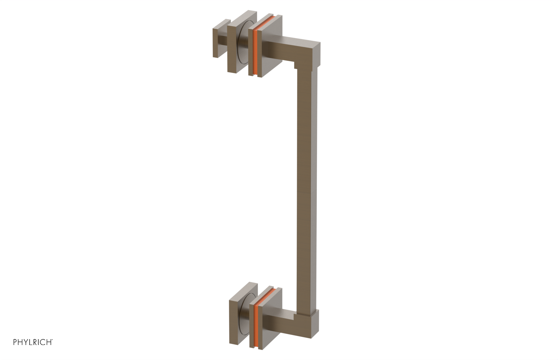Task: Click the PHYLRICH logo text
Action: [32, 342]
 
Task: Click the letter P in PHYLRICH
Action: [15, 342]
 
